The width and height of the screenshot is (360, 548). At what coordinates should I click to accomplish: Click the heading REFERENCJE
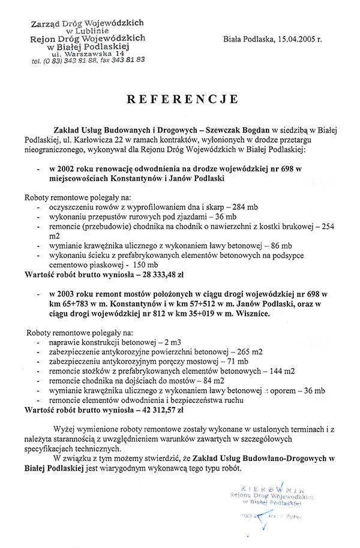(182, 100)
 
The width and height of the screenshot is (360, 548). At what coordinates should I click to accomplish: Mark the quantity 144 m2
(280, 371)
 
